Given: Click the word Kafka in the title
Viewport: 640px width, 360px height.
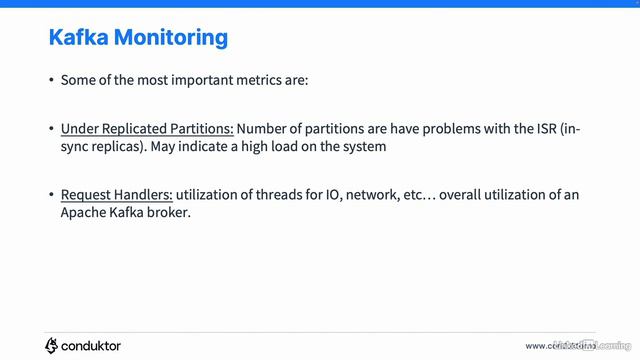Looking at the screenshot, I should (79, 38).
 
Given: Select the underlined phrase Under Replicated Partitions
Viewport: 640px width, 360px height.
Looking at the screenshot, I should (147, 130).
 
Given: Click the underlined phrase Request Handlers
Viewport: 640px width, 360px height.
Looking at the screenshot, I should (116, 195).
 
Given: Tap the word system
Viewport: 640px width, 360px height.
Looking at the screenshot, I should (363, 147).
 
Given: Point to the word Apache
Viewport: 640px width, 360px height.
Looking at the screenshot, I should (83, 212).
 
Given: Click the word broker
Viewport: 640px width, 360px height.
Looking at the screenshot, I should (168, 212).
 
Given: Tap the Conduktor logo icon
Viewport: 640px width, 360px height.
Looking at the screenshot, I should (52, 346).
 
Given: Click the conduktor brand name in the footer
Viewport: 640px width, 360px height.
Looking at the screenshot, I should (92, 346).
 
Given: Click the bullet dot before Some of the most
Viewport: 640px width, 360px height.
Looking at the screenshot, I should (51, 79).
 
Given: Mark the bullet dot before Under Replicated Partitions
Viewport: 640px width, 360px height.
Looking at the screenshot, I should (51, 130).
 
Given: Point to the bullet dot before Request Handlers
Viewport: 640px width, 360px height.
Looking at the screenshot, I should (51, 195).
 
